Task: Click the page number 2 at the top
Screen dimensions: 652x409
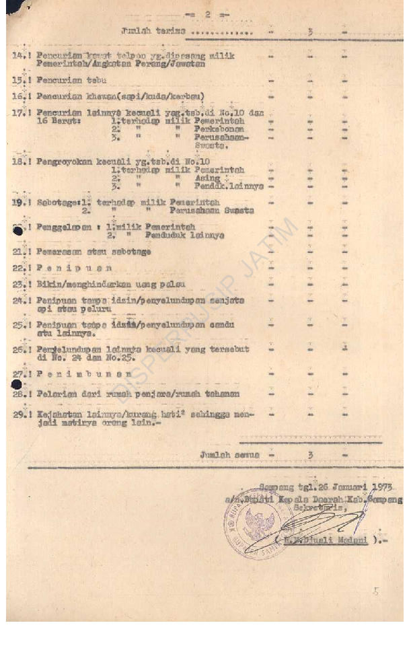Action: [x=209, y=13]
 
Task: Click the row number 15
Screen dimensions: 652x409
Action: [x=18, y=79]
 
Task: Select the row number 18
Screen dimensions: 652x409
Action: [x=18, y=161]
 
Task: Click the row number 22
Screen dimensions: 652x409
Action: [x=18, y=268]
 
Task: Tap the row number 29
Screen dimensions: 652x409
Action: [x=18, y=414]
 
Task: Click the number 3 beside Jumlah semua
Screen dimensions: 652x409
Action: [x=311, y=455]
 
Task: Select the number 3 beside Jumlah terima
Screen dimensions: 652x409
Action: [x=311, y=31]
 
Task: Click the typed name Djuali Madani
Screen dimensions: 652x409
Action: [x=338, y=540]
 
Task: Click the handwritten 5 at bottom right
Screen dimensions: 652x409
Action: [x=376, y=592]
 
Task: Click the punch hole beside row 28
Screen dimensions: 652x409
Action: [x=16, y=385]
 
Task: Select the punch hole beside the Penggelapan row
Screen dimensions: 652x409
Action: [x=17, y=230]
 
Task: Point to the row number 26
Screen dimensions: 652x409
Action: [x=18, y=350]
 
